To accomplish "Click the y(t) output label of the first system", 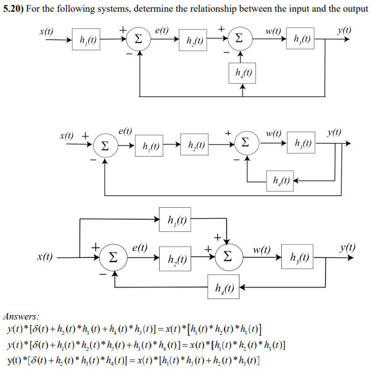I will coord(345,30).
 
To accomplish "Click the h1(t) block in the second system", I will coord(151,146).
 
